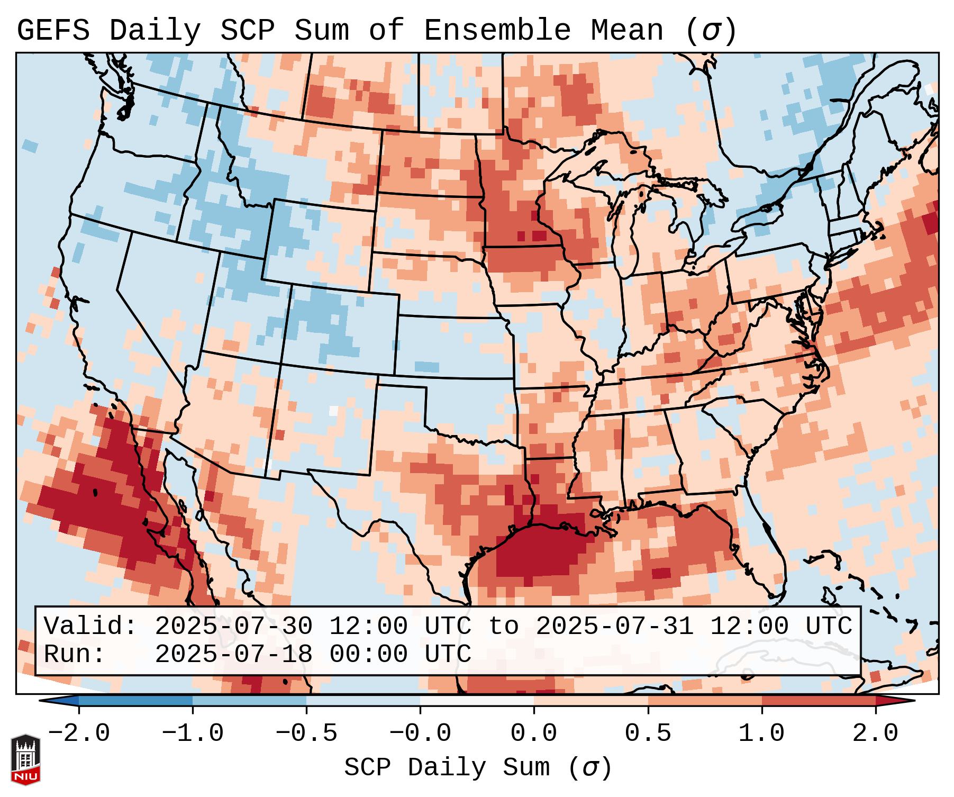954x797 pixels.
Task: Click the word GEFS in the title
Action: [53, 31]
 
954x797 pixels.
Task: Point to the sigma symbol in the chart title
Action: [710, 31]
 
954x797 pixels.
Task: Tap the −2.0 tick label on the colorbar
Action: [79, 733]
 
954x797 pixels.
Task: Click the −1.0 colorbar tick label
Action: [193, 733]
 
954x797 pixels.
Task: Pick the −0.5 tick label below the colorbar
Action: [306, 733]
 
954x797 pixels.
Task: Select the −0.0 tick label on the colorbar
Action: [420, 733]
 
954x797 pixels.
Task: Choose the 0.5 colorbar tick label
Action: [648, 733]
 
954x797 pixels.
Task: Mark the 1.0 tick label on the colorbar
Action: [762, 733]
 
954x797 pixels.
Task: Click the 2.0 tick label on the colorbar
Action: [876, 733]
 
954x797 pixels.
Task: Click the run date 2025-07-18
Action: [233, 655]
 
